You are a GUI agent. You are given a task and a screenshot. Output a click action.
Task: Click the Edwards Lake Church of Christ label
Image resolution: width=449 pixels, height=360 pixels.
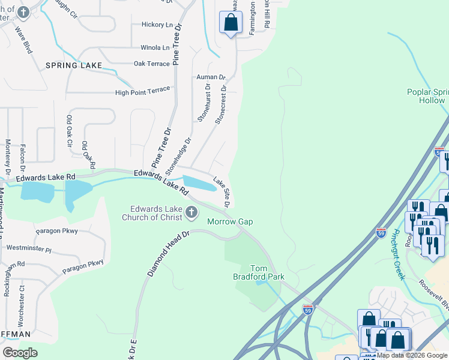point(154,213)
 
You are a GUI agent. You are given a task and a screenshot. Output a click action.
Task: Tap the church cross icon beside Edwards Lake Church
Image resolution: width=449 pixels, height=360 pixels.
point(191,212)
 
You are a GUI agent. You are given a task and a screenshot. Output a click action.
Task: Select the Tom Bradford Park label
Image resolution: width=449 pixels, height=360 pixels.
point(258,272)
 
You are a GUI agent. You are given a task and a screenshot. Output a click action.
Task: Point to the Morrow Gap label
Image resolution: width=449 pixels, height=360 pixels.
point(230,222)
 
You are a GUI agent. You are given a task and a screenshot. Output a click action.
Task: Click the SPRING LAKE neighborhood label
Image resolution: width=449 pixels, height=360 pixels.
point(71,65)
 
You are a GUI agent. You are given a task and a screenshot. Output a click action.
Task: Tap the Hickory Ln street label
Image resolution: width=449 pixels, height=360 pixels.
point(152,25)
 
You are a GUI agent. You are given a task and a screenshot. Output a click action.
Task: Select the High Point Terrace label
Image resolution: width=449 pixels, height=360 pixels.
point(143,92)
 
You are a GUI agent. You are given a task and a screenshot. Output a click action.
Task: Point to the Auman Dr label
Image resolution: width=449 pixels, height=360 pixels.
point(210,77)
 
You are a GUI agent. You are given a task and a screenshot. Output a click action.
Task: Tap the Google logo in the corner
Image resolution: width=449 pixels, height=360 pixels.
point(20,353)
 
